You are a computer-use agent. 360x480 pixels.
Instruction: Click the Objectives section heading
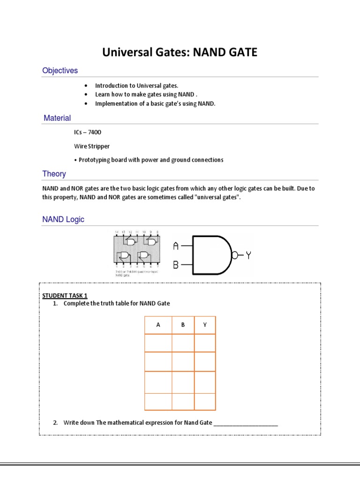coord(60,71)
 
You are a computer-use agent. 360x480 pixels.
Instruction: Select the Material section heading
coord(57,118)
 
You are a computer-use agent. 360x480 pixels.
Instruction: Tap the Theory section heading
coord(54,174)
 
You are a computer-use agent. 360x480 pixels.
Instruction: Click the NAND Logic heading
coord(63,219)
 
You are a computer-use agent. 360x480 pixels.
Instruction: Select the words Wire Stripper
coord(88,146)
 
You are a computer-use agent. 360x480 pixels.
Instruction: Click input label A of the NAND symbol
coord(176,246)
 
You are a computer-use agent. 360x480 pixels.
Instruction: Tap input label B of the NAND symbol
coord(176,265)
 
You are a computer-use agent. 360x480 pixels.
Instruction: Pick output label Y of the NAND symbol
coord(248,255)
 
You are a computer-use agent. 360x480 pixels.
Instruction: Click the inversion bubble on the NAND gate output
coord(235,255)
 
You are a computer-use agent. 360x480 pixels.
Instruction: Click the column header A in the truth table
coord(158,325)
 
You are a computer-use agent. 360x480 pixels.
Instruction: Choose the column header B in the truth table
coord(183,325)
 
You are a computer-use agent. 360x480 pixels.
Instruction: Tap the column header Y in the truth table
coord(205,325)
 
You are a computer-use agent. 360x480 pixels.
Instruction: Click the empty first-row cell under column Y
coord(205,343)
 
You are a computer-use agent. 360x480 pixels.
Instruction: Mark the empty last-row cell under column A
coord(158,402)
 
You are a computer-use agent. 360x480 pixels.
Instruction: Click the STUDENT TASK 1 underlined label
coord(65,295)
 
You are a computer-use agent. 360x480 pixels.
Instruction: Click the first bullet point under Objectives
coord(86,86)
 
